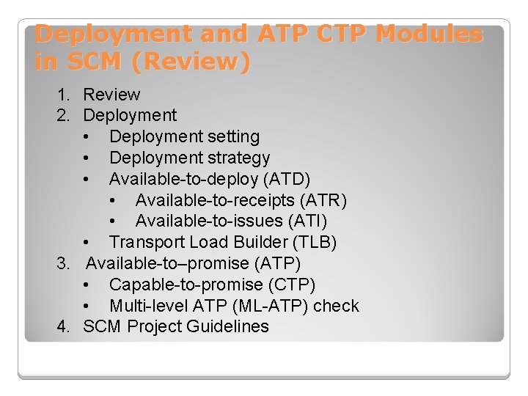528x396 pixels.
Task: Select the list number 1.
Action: tap(63, 95)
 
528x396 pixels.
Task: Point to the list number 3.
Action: tap(63, 263)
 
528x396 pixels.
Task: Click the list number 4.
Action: tap(63, 327)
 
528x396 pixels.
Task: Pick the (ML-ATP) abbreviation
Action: tap(272, 306)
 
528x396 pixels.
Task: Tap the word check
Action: tap(336, 306)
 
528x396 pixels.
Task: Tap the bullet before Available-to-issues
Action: tap(113, 221)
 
